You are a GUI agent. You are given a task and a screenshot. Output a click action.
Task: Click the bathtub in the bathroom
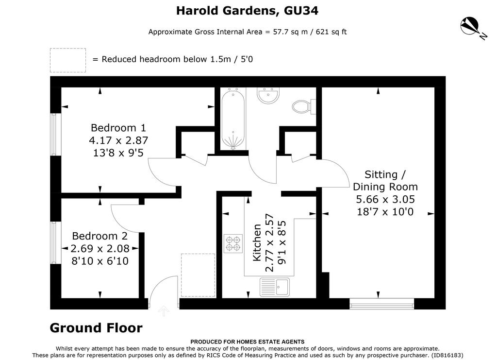(x=233, y=119)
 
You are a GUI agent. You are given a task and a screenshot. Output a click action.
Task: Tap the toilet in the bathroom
(x=304, y=106)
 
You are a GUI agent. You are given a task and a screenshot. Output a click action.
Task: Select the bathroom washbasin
(x=268, y=95)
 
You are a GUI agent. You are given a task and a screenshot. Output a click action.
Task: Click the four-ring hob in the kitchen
(x=233, y=243)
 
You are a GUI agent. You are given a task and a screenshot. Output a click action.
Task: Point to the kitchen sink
(x=275, y=287)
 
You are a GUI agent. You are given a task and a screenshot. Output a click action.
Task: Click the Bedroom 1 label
(x=118, y=128)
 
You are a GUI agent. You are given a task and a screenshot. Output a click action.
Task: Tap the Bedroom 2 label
(x=99, y=236)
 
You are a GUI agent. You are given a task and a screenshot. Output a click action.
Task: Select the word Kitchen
(x=257, y=242)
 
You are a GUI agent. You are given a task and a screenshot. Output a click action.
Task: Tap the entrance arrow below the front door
(x=163, y=311)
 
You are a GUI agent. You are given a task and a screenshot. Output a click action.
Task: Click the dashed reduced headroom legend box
(x=68, y=60)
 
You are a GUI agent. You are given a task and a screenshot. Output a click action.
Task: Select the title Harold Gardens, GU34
(x=247, y=11)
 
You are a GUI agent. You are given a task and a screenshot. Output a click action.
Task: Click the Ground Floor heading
(x=96, y=328)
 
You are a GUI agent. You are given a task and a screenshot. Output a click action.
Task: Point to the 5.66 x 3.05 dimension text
(x=385, y=199)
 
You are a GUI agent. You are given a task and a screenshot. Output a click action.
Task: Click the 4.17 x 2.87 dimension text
(x=118, y=140)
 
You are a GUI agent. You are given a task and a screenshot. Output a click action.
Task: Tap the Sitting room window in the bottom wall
(x=382, y=304)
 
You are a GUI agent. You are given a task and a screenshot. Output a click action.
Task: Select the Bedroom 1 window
(x=55, y=135)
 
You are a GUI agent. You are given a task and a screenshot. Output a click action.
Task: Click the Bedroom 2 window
(x=55, y=242)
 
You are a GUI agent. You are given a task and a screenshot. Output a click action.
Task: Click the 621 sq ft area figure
(x=331, y=32)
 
